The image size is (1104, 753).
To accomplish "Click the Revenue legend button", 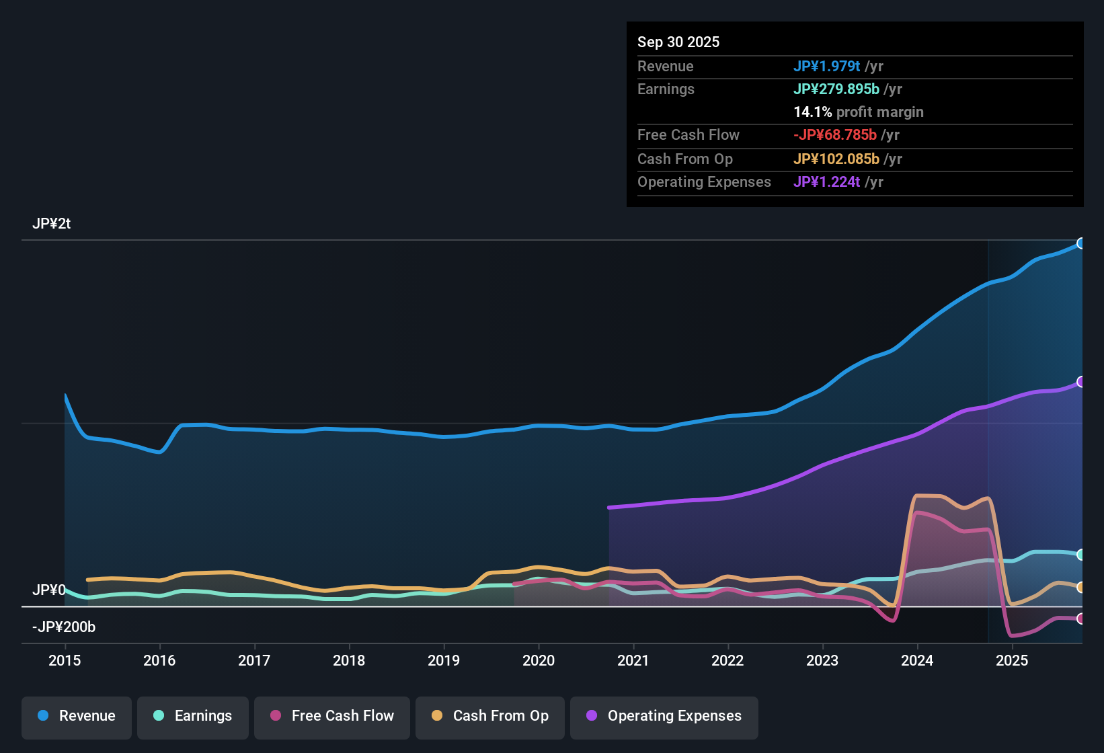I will click(77, 716).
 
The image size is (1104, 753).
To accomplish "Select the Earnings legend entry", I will click(193, 716).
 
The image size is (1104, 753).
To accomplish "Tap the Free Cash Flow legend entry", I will click(332, 716).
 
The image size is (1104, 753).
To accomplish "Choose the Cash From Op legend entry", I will click(490, 716).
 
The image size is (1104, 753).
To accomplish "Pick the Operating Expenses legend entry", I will click(664, 716).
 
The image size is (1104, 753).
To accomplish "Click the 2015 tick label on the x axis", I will click(65, 661).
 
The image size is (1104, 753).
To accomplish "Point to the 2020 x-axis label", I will click(539, 661).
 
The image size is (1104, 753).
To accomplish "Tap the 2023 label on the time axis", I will click(822, 661).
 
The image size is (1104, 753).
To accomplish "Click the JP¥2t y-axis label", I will click(52, 224).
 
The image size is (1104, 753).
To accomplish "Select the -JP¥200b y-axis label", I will click(64, 627).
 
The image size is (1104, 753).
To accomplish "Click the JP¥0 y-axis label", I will click(48, 590).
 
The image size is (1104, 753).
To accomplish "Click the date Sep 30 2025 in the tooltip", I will click(678, 42).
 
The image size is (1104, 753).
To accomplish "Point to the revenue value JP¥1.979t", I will click(826, 66).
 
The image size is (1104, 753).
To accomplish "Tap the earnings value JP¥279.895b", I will click(836, 89).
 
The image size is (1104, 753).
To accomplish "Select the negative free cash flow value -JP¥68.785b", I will click(834, 135).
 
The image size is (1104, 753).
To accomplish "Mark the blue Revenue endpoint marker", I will click(1081, 243).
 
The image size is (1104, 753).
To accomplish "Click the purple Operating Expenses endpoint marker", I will click(1081, 382).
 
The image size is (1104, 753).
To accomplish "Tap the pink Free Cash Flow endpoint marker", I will click(1081, 619).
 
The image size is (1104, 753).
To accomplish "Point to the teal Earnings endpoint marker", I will click(1081, 555).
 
